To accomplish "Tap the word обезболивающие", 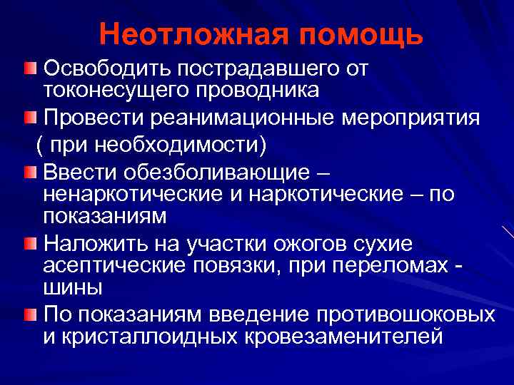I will (x=216, y=173).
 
